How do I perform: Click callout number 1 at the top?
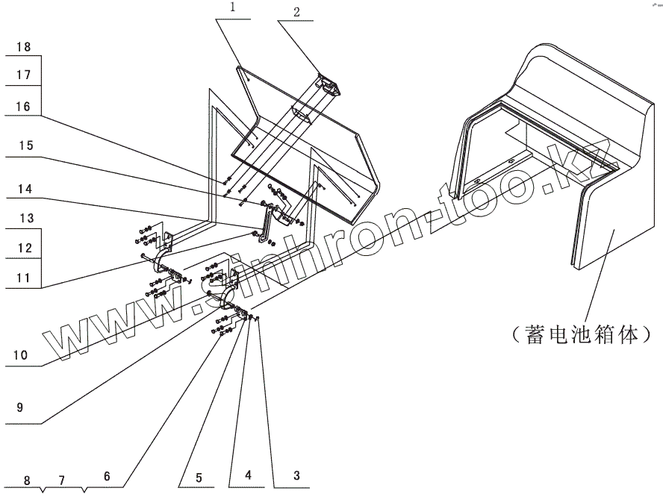(x=234, y=9)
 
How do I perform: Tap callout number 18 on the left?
(x=23, y=47)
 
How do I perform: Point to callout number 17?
(x=23, y=75)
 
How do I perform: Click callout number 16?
(x=23, y=107)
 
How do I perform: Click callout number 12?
(x=23, y=247)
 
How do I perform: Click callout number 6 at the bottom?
(x=107, y=475)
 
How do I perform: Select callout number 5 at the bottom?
(x=199, y=475)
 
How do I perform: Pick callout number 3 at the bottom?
(x=296, y=475)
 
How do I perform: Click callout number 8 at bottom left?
(x=27, y=479)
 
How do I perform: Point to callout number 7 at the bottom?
(x=63, y=479)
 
